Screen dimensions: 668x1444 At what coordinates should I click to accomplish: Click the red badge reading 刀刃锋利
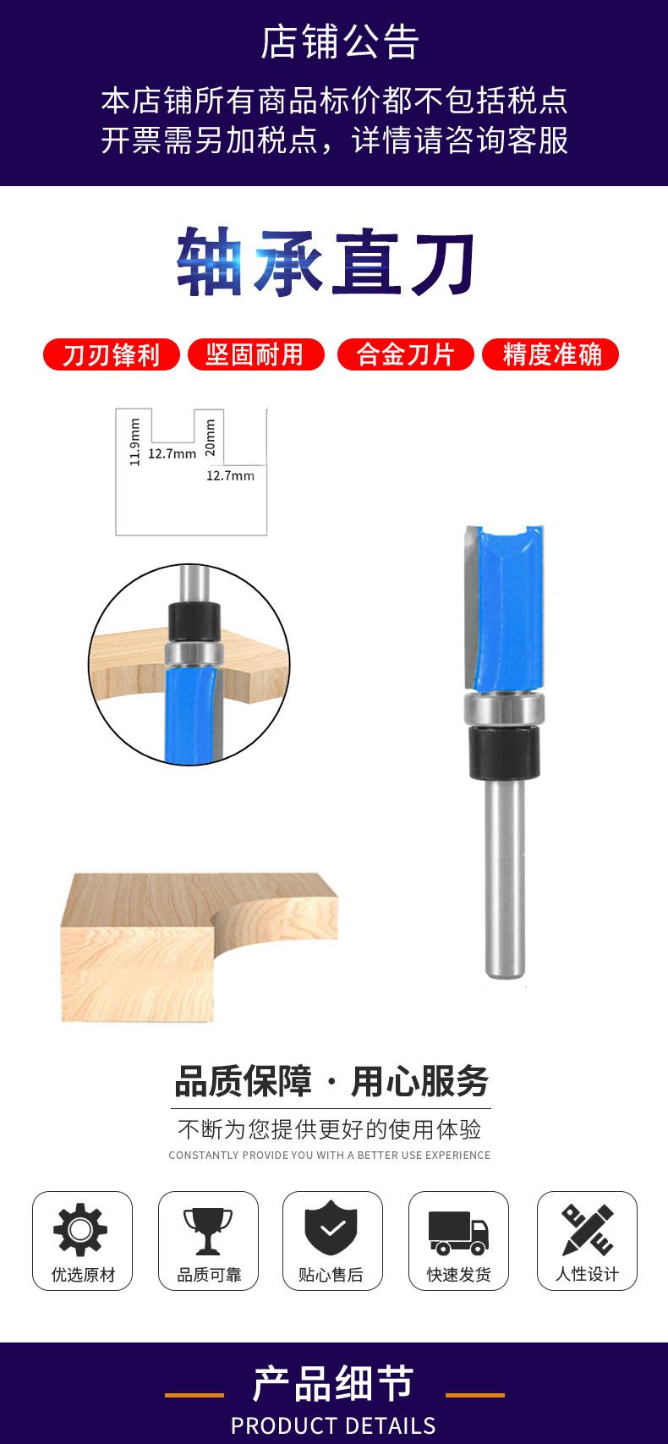pyautogui.click(x=111, y=354)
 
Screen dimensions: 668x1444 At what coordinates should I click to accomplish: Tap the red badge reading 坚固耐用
pyautogui.click(x=255, y=354)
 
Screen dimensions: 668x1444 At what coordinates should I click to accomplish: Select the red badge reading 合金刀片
pyautogui.click(x=406, y=354)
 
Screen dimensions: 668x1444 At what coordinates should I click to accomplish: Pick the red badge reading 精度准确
pyautogui.click(x=550, y=354)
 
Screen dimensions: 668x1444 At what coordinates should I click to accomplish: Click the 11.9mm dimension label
pyautogui.click(x=134, y=442)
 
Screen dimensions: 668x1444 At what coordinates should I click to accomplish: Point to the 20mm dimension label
pyautogui.click(x=210, y=437)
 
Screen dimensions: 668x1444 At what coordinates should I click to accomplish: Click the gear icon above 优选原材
pyautogui.click(x=80, y=1229)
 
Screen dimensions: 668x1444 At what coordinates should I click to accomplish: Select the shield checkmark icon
pyautogui.click(x=331, y=1228)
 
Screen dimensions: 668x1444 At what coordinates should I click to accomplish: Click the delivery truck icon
pyautogui.click(x=458, y=1233)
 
